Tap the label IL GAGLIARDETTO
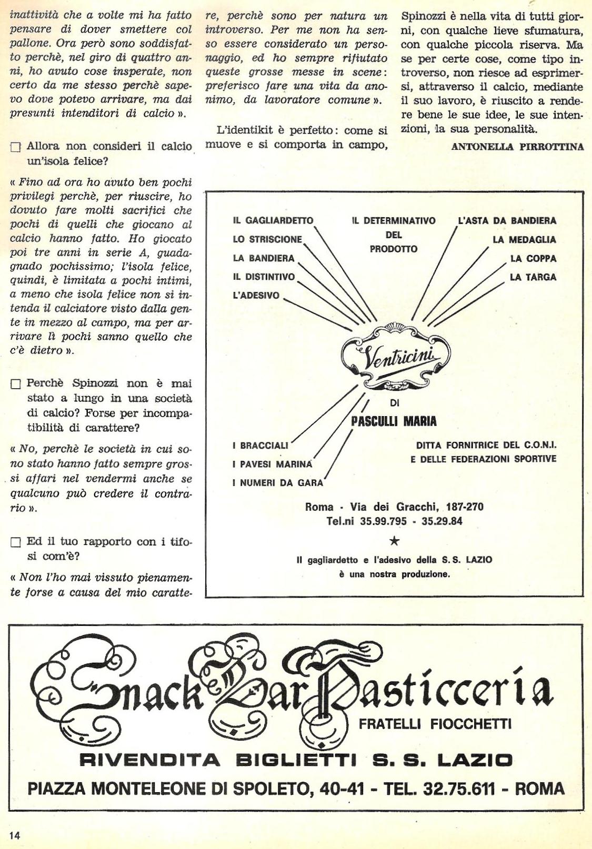click(273, 221)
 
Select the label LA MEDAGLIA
click(524, 240)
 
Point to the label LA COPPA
click(533, 259)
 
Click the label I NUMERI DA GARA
click(277, 483)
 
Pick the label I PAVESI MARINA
click(272, 464)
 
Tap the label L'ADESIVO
click(256, 296)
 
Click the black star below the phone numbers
click(395, 541)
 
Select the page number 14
click(14, 835)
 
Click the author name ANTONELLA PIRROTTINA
click(517, 147)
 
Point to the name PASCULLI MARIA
click(394, 421)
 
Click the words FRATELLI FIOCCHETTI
click(435, 725)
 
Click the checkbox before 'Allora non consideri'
click(15, 148)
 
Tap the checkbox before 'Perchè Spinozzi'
click(15, 385)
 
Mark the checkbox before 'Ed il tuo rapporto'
click(15, 542)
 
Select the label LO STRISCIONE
click(267, 240)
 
